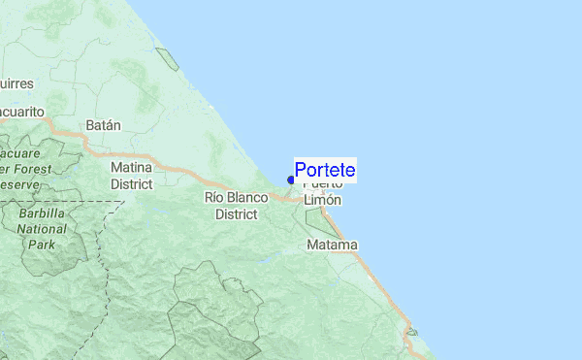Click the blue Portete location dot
coord(291,180)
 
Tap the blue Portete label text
coord(325,170)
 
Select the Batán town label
coord(103,125)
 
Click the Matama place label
coord(332,245)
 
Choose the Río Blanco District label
coord(235,205)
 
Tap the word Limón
coord(323,199)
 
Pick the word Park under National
coord(41,245)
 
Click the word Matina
coord(131,167)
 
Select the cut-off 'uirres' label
coord(16,83)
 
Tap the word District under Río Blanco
coord(235,213)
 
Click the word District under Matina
coord(131,183)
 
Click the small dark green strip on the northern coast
coord(167,58)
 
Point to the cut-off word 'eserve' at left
coord(18,183)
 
